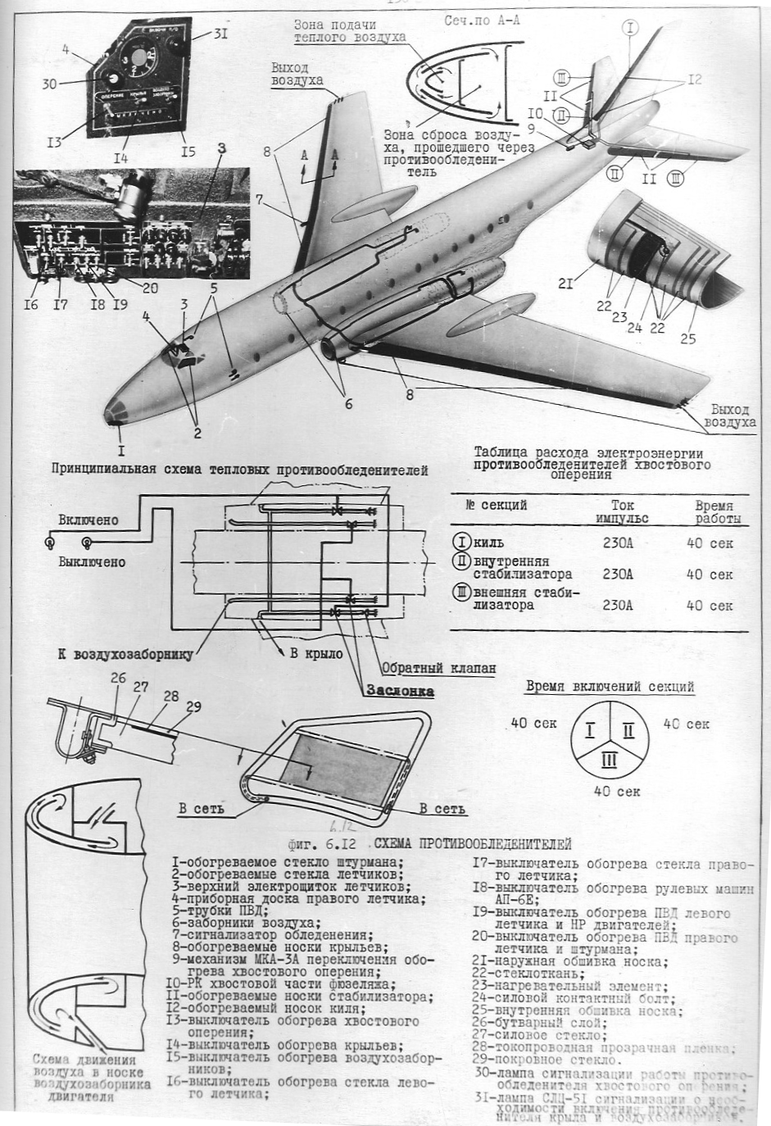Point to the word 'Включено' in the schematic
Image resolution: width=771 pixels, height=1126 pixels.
point(88,520)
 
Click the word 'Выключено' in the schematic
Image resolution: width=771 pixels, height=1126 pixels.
point(92,562)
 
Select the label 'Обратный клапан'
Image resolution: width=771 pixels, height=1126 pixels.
point(438,668)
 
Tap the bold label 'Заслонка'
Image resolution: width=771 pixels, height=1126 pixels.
point(401,691)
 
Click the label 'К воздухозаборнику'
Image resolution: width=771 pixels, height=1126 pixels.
point(125,655)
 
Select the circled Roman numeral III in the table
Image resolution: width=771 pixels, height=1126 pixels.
point(461,590)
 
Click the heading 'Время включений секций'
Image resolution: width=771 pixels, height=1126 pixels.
point(610,687)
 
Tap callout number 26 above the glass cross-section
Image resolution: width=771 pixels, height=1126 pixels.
point(119,678)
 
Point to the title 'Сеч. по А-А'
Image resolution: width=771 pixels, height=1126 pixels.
point(482,20)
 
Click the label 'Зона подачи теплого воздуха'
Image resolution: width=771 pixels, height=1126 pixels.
point(351,31)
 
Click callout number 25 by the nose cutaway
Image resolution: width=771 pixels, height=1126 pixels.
point(688,338)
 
